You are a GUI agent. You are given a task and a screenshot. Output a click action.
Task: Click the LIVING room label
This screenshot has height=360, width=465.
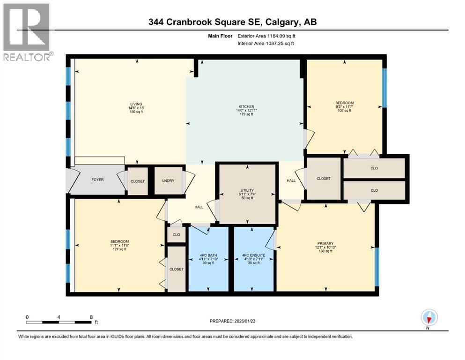click(136, 104)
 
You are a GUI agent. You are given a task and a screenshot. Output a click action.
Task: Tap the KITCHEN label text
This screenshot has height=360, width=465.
click(246, 106)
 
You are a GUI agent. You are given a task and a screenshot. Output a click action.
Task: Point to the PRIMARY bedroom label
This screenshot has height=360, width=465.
click(325, 243)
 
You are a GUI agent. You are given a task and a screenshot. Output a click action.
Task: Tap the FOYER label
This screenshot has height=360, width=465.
click(97, 180)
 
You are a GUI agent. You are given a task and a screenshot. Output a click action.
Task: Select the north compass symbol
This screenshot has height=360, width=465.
click(429, 318)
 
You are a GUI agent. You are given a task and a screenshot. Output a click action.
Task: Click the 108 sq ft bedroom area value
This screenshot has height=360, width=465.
click(344, 111)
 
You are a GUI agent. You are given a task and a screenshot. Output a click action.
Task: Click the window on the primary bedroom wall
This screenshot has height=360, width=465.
click(376, 266)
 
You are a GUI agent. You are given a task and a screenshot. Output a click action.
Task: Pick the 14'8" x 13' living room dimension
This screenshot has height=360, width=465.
click(136, 108)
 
